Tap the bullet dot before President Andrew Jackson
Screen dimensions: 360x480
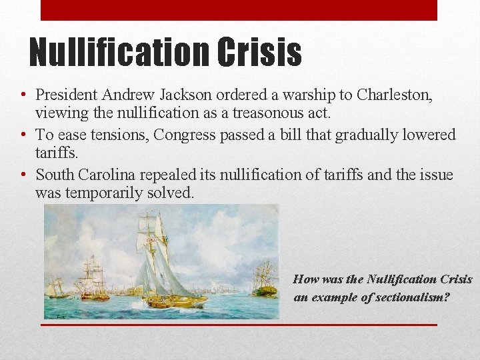(23, 96)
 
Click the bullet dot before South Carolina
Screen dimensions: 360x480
(23, 175)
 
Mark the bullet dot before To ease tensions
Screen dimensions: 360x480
(23, 135)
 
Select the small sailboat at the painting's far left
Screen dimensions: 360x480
(58, 288)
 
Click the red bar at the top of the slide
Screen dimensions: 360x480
(239, 10)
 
